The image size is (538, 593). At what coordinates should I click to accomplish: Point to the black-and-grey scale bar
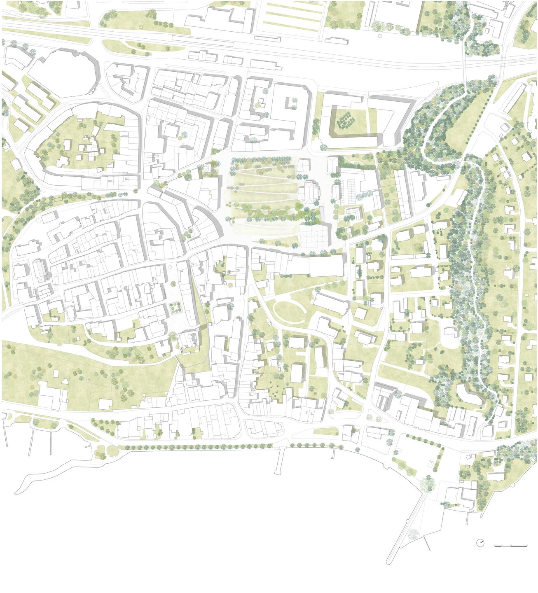511,546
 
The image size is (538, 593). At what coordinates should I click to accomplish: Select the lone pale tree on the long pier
412,534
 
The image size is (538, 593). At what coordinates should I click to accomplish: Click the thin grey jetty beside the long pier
428,544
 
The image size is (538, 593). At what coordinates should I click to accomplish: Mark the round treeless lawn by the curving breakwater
111,451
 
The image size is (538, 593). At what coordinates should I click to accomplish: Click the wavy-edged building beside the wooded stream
470,394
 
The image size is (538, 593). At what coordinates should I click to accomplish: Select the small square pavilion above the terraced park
304,164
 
